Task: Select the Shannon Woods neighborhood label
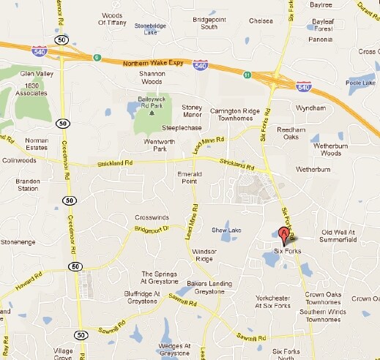point(152,78)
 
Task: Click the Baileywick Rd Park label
point(153,102)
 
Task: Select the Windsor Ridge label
point(203,255)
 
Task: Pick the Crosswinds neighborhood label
point(152,218)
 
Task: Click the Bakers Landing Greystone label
point(209,287)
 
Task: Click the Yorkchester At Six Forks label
point(278,301)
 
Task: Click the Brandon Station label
point(28,184)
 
